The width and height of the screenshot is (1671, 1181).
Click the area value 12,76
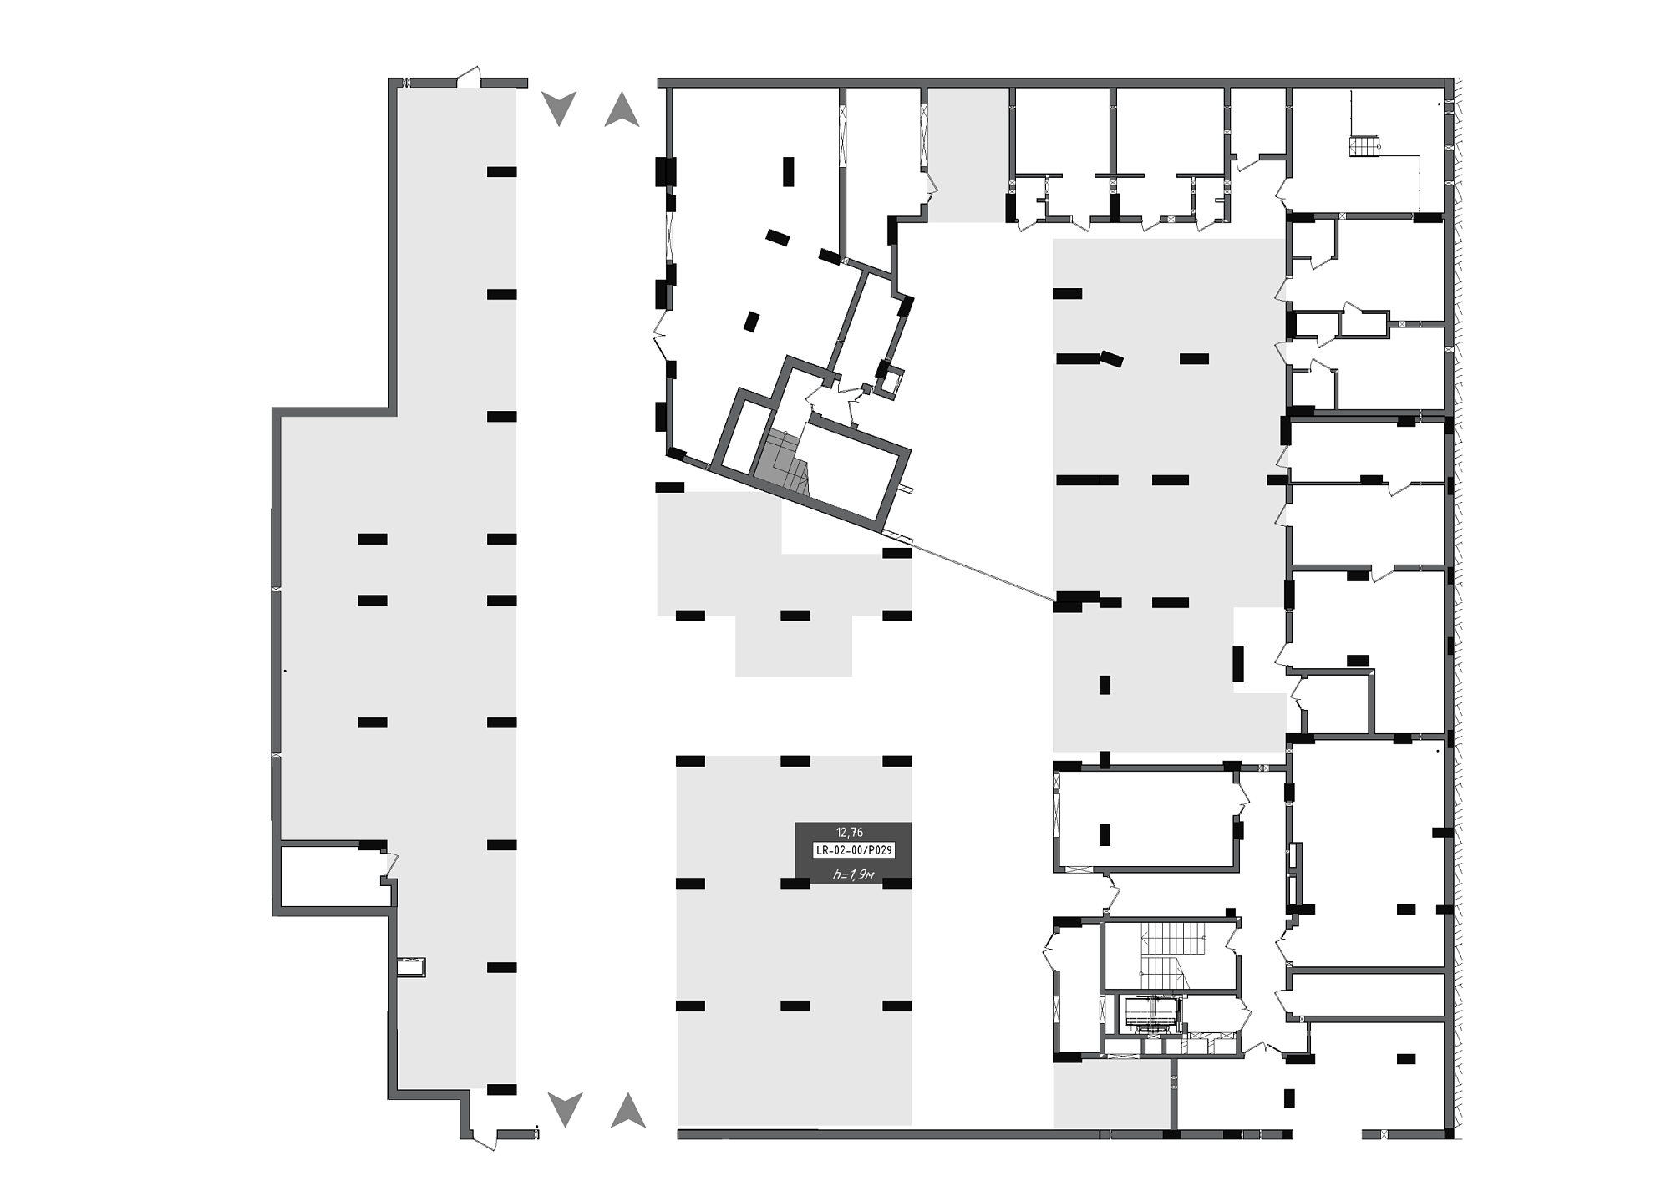[x=850, y=832]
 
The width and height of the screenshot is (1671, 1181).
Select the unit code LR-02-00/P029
[x=854, y=850]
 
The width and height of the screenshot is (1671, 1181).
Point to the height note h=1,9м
[x=854, y=874]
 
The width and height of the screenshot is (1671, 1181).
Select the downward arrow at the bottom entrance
[x=565, y=1110]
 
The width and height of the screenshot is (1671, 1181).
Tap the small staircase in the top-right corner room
[x=1364, y=146]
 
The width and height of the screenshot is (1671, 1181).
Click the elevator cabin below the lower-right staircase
[x=1150, y=1012]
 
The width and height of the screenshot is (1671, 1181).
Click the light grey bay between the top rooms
[x=968, y=155]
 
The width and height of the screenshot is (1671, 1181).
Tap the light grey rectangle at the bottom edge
[x=1111, y=1095]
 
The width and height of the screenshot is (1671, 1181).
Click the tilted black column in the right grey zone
[x=1112, y=359]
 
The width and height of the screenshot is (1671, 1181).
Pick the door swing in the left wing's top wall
[x=470, y=77]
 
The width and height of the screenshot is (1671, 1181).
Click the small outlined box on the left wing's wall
[x=411, y=967]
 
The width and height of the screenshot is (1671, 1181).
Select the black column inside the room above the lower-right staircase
[x=1105, y=834]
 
